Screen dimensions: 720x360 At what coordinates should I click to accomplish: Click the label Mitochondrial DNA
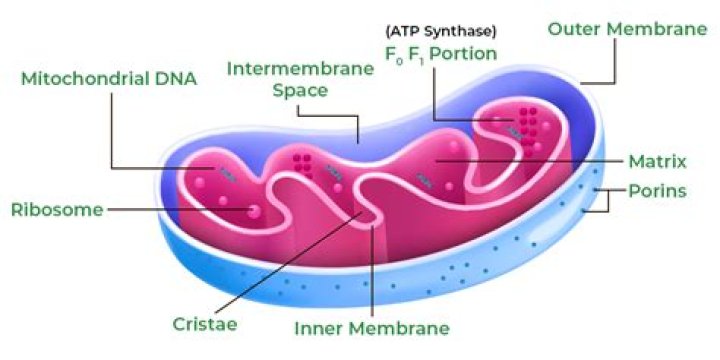pos(109,79)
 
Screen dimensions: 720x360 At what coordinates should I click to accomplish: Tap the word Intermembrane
pos(301,69)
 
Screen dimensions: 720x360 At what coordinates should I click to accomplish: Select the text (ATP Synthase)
pos(441,32)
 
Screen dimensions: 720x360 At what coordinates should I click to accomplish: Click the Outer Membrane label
pos(627,29)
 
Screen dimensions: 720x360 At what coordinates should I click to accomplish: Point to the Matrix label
pos(657,162)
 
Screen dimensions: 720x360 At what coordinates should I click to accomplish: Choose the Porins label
pos(657,191)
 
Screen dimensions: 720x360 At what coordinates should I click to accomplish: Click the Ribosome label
pos(57,210)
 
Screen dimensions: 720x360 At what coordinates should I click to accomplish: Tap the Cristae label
pos(205,324)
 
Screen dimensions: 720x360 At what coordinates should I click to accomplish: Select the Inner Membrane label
pos(371,328)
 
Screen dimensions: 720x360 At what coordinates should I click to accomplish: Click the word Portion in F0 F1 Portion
pos(463,54)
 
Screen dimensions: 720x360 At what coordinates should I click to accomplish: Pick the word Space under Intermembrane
pos(300,90)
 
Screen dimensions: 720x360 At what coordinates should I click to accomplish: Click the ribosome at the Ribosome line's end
pos(253,211)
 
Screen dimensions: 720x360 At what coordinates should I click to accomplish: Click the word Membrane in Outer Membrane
pos(657,29)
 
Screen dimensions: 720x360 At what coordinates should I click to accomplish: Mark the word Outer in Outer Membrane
pos(575,29)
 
